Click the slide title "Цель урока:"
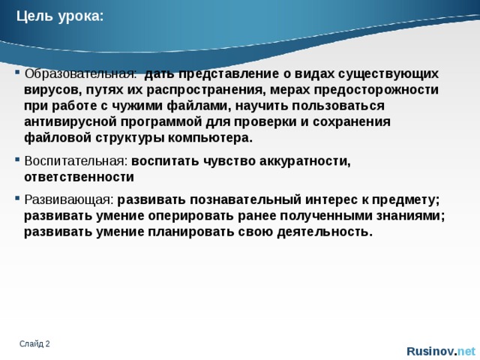(x=61, y=16)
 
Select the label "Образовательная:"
(x=80, y=74)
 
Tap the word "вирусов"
(x=51, y=90)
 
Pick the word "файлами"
(x=202, y=106)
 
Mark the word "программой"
(x=157, y=122)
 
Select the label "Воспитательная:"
(x=76, y=161)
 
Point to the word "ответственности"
(x=79, y=178)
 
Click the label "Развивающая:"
(x=69, y=199)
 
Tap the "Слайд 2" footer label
(x=35, y=343)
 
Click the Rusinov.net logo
(x=440, y=351)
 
